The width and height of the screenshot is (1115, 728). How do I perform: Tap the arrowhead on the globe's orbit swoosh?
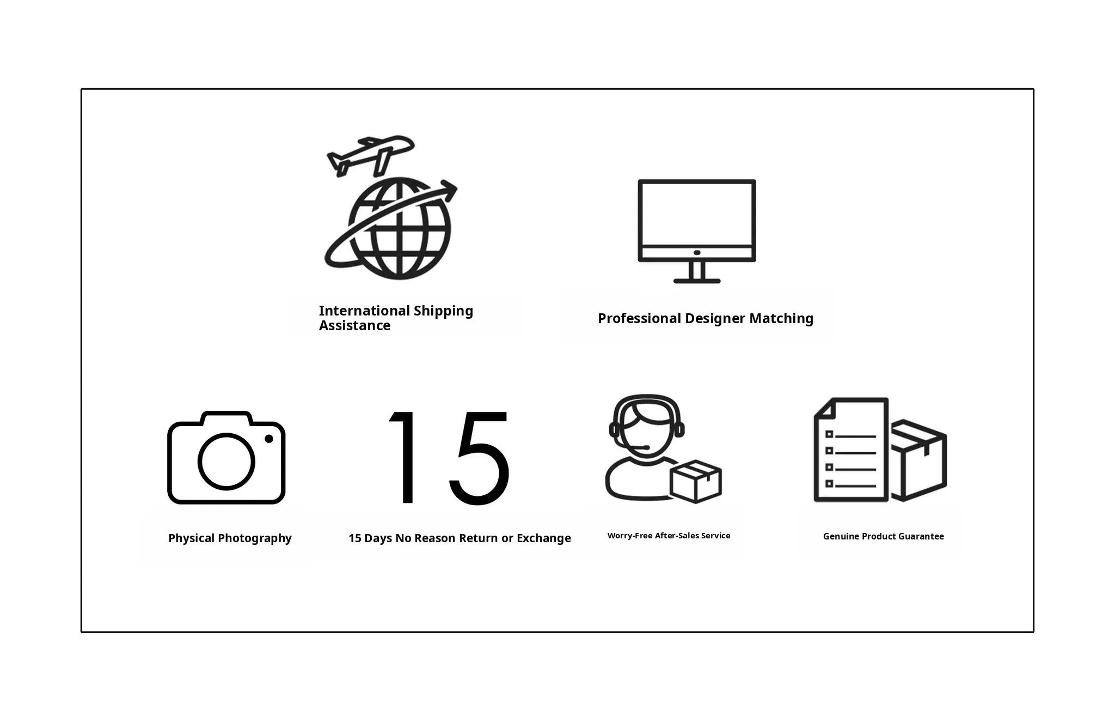[x=449, y=190]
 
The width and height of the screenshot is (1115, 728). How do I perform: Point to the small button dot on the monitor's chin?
[x=697, y=253]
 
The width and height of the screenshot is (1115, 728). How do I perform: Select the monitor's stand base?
[x=697, y=281]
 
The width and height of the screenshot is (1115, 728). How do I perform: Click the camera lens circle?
[x=226, y=462]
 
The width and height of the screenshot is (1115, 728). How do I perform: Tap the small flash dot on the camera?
[x=269, y=439]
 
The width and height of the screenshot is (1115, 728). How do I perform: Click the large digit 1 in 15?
[x=403, y=457]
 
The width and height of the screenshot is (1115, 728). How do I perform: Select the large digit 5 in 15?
[x=479, y=458]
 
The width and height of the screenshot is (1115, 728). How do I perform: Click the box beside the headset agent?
[x=696, y=481]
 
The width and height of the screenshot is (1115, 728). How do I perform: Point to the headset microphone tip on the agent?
[x=646, y=447]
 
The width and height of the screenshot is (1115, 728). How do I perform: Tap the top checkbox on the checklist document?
[x=829, y=434]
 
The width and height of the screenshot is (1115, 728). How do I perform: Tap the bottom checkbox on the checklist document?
[x=829, y=483]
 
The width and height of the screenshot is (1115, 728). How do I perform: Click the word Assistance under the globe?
[x=354, y=325]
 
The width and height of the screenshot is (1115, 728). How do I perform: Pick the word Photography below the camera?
[x=255, y=538]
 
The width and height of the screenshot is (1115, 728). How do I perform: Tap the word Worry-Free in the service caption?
[x=630, y=536]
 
